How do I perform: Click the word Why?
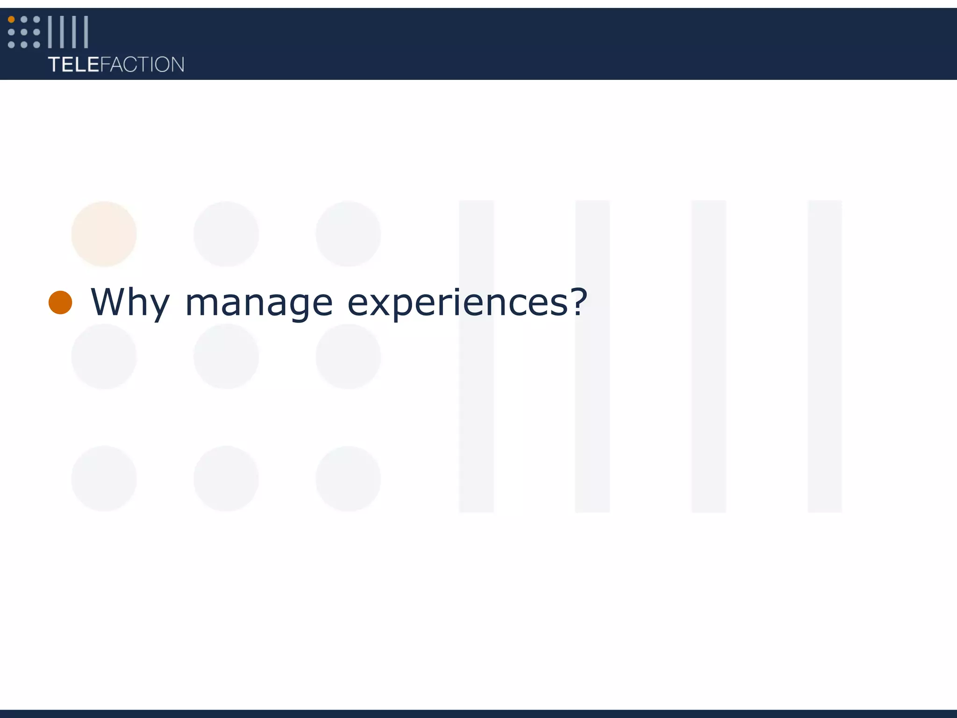point(130,303)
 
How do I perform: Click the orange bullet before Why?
point(60,302)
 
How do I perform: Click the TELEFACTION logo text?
point(116,65)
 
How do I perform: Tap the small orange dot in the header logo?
point(11,20)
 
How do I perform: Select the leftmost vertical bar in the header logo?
point(50,32)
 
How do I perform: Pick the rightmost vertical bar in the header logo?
point(86,32)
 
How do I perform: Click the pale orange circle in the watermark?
point(104,234)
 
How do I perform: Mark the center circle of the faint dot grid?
point(226,356)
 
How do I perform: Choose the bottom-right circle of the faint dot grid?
point(348,479)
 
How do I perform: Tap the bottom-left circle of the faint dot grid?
point(104,479)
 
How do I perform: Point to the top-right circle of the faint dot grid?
point(348,234)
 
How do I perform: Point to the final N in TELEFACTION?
point(178,65)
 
